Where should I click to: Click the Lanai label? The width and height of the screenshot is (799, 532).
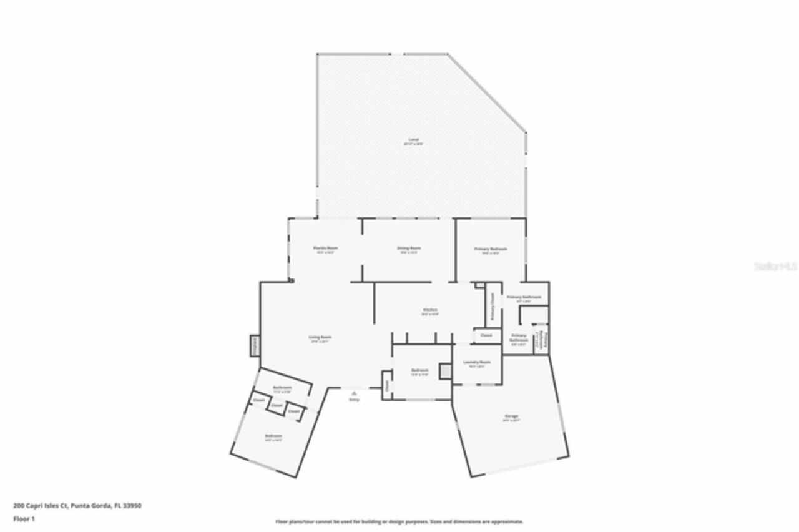[x=413, y=140]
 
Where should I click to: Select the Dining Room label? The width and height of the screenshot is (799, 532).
[x=409, y=249]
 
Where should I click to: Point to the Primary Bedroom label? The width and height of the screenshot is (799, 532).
[x=491, y=249]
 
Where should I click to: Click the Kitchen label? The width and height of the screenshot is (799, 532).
[x=430, y=310]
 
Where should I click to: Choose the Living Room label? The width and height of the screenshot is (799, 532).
[x=320, y=338]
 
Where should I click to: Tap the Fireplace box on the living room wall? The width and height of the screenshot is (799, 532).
[x=254, y=345]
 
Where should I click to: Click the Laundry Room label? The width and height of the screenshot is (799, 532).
[x=477, y=362]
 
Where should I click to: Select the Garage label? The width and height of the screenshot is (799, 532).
[x=511, y=416]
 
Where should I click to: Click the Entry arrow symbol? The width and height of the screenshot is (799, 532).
[x=354, y=393]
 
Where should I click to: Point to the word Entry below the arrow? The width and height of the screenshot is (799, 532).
[x=354, y=400]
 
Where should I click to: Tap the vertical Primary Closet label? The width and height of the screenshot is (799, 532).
[x=493, y=307]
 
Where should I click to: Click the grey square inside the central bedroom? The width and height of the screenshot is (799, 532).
[x=445, y=371]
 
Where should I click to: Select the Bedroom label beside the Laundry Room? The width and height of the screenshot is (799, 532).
[x=419, y=370]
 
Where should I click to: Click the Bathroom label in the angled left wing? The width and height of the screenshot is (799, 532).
[x=282, y=388]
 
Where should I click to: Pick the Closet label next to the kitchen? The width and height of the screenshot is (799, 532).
[x=486, y=335]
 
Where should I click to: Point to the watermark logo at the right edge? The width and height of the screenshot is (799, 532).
[x=775, y=265]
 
